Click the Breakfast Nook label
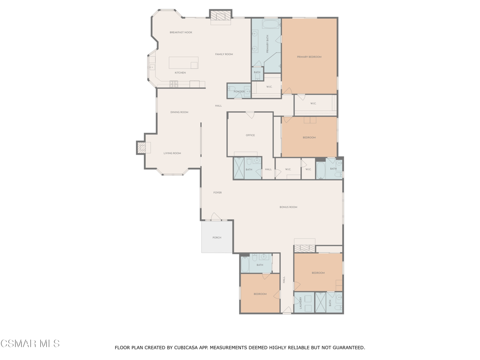pos(181,32)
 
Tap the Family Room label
pos(224,54)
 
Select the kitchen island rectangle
pos(183,63)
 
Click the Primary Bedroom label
pos(309,57)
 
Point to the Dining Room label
pos(179,112)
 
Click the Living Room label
pos(172,153)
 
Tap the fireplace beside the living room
pos(141,148)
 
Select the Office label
pos(250,135)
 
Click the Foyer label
pos(217,193)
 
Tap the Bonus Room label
pos(288,207)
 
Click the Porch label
pos(217,238)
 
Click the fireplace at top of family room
pos(220,16)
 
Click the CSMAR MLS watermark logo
pos(30,344)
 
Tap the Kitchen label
pos(180,73)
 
